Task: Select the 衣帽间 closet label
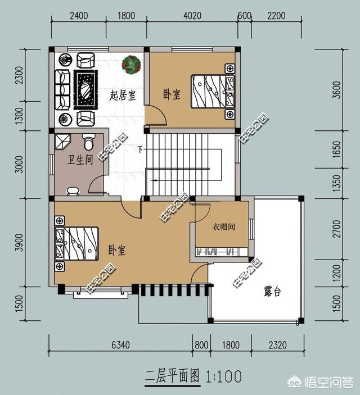(223, 227)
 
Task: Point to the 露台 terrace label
(272, 292)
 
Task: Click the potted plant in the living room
(132, 65)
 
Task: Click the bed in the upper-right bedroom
(212, 91)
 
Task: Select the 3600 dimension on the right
(336, 90)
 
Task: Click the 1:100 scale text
(224, 375)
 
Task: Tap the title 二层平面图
(173, 375)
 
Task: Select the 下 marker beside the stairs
(140, 149)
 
